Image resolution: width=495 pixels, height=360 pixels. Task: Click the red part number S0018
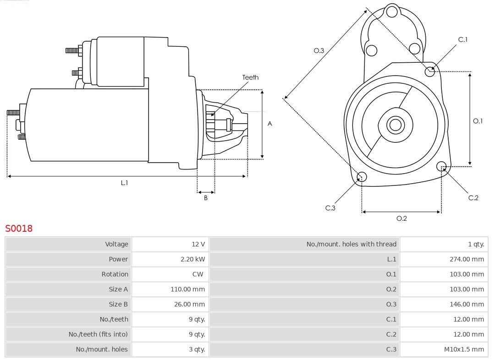pos(19,228)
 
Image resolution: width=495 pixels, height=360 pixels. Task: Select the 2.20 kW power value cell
pos(192,259)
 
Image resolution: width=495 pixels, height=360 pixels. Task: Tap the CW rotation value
pos(198,274)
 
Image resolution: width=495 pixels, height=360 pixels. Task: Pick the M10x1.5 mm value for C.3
pos(463,349)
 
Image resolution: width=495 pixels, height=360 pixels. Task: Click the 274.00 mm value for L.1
pos(466,259)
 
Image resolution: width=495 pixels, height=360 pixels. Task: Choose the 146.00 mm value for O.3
pos(466,304)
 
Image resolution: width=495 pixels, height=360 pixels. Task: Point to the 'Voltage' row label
pos(116,244)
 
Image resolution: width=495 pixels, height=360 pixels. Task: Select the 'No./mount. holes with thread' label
pos(351,244)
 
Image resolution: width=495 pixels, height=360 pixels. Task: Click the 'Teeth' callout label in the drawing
pos(250,77)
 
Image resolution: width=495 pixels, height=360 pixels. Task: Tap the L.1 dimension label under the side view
pos(124,183)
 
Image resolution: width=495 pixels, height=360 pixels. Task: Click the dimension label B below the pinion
pos(206,198)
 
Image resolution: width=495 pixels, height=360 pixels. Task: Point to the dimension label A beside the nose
pos(270,124)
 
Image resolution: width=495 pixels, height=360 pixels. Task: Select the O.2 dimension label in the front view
pos(401,218)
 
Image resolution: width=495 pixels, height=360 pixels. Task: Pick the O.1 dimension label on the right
pos(478,121)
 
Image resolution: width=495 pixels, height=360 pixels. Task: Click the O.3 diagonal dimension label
pos(319,50)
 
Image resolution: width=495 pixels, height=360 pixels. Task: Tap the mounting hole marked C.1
pos(430,71)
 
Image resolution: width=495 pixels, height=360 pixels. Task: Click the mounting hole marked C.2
pos(441,166)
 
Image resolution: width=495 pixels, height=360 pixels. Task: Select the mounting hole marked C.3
pos(362,177)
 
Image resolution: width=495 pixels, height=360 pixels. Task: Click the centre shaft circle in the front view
pos(395,125)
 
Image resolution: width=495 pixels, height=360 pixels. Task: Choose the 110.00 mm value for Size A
pos(187,289)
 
